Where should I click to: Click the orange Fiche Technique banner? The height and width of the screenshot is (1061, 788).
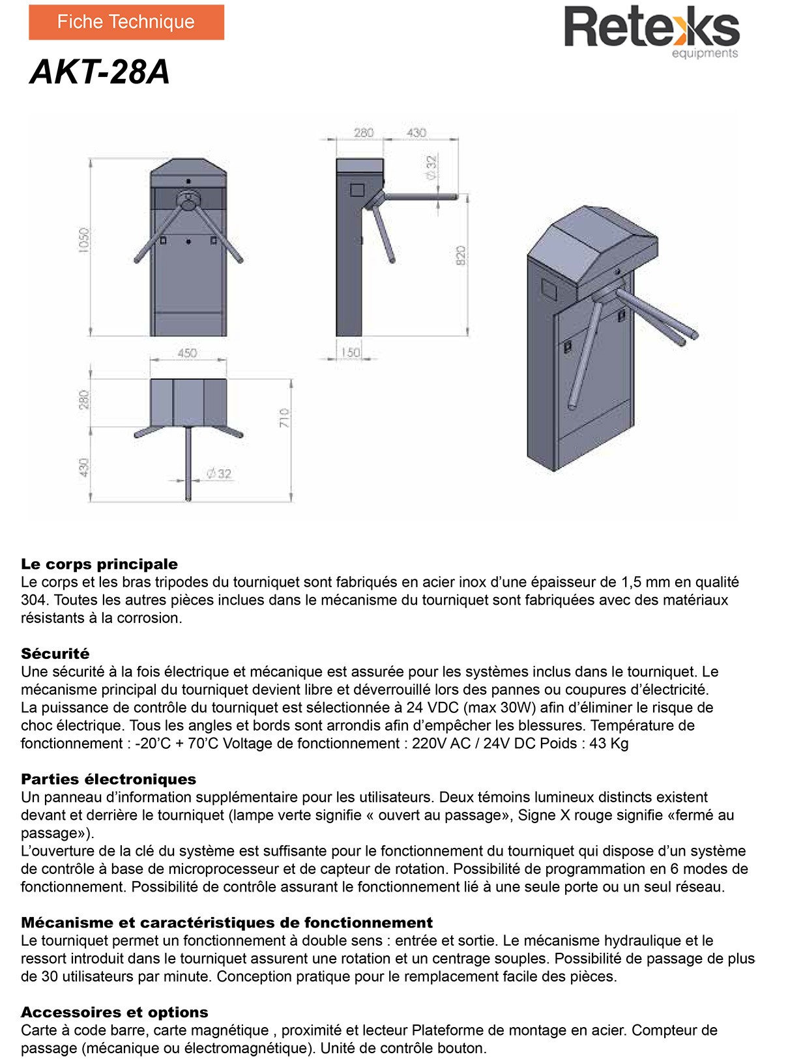coord(126,22)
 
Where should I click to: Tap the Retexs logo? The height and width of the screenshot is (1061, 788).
coord(651,28)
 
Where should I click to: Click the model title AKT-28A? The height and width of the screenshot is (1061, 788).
coord(100,72)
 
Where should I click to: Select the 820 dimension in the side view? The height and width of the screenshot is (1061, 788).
coord(461,255)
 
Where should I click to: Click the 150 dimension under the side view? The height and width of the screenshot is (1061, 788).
coord(350,352)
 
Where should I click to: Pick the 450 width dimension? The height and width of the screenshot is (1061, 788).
coord(188,353)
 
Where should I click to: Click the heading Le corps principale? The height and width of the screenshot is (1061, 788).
coord(99,564)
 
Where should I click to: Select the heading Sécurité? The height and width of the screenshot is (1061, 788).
coord(55,654)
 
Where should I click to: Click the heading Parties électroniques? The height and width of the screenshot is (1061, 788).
coord(108,779)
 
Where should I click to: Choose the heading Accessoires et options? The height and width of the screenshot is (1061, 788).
coord(115,1012)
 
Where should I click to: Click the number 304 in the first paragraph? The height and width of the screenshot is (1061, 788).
coord(33,600)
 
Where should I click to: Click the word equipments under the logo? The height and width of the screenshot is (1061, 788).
coord(705,53)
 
